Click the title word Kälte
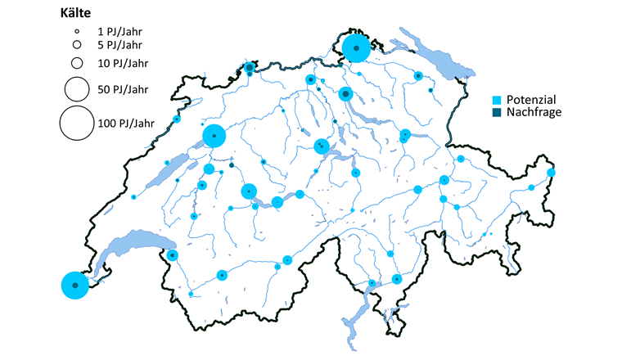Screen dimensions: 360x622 click(77, 13)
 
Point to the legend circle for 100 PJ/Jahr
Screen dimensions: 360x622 click(76, 124)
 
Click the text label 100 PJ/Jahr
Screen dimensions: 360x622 click(126, 124)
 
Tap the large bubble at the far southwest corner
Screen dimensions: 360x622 click(74, 286)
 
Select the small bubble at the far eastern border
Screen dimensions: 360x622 click(552, 173)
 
